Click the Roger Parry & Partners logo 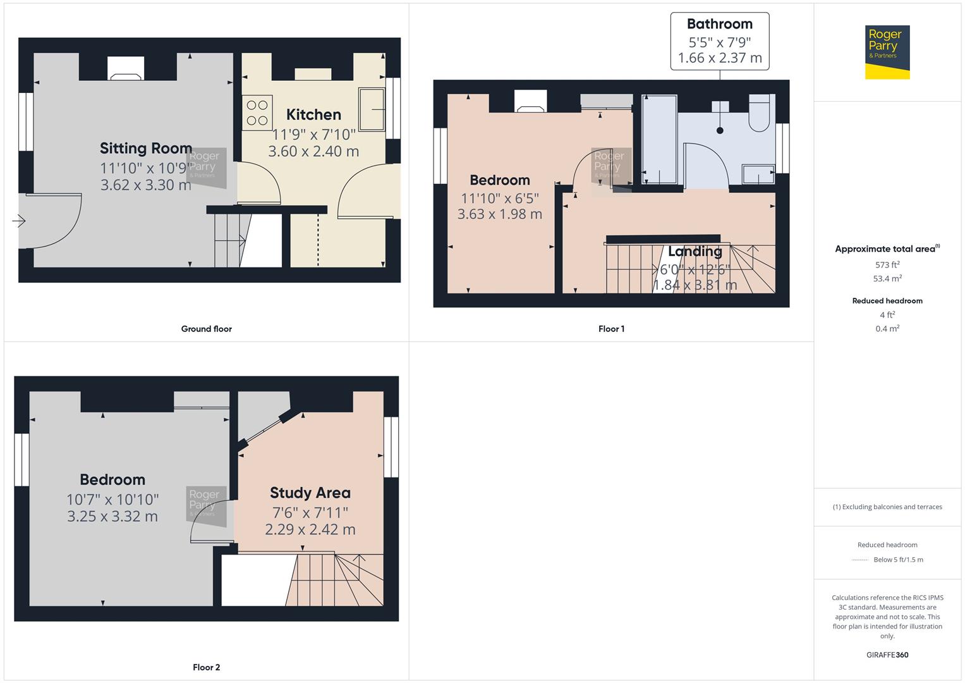click(x=887, y=52)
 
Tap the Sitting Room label click(x=146, y=148)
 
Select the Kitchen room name click(x=313, y=114)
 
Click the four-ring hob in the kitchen click(x=257, y=113)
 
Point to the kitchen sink click(x=372, y=109)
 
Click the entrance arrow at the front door click(x=18, y=221)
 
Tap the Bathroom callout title click(x=719, y=24)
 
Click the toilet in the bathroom click(x=759, y=113)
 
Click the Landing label click(x=695, y=251)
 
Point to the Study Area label click(x=310, y=493)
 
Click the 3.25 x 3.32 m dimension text click(x=112, y=516)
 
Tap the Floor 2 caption click(x=206, y=667)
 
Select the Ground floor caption click(x=206, y=329)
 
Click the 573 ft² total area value click(x=887, y=265)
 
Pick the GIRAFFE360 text click(x=887, y=655)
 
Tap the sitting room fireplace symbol click(x=126, y=69)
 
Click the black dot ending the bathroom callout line click(x=720, y=131)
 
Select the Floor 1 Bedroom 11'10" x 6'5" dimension click(x=499, y=197)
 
